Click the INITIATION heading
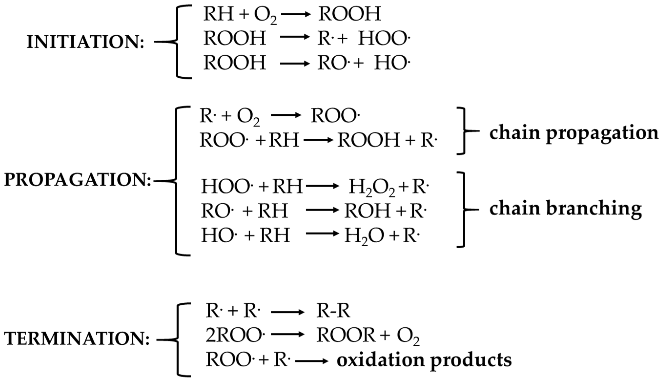pos(85,42)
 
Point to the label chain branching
pos(565,209)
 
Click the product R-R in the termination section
pos(333,311)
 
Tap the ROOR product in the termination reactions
pos(346,336)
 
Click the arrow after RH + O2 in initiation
pos(295,15)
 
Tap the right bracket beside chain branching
pos(462,210)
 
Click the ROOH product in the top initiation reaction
pos(349,14)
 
